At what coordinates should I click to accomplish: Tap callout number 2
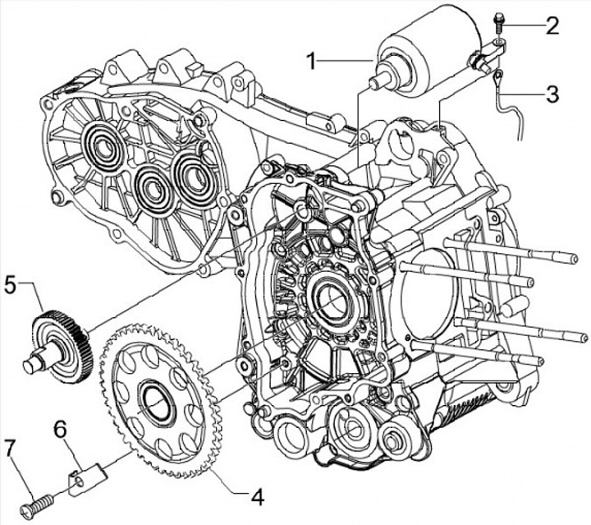[553, 25]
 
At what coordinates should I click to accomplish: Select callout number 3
[553, 93]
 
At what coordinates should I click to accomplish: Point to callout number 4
[257, 496]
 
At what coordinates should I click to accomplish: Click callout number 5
[10, 286]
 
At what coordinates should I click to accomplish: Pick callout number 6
[60, 428]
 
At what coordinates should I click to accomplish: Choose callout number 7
[10, 448]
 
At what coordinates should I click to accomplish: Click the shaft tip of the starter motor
[375, 82]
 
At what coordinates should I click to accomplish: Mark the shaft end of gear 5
[31, 359]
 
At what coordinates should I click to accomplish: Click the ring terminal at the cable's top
[499, 78]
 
